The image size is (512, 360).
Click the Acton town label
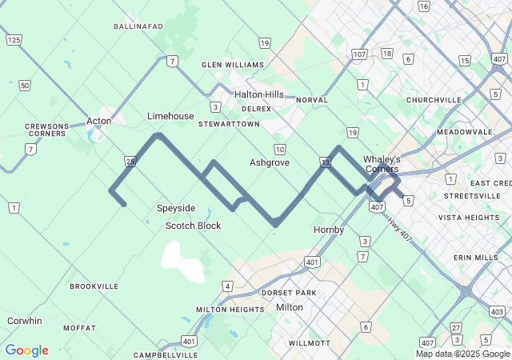coord(98,121)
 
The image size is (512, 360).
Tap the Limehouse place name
coord(170,116)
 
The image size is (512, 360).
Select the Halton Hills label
coord(259,94)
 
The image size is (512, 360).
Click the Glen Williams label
coord(233,65)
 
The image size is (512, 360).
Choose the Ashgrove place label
coord(269,162)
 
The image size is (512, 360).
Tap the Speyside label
coord(175,208)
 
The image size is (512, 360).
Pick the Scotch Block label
coord(193,226)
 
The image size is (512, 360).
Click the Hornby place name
coord(329,230)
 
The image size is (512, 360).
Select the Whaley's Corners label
coord(382,164)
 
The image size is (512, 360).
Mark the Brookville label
coord(94,286)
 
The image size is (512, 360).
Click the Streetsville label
coord(472,195)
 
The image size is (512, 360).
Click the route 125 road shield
coord(13,39)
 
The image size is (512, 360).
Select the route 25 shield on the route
coord(130,162)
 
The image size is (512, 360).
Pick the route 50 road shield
coord(25,86)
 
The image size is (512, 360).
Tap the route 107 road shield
coord(359,54)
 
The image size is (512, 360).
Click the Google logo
coord(26,350)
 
